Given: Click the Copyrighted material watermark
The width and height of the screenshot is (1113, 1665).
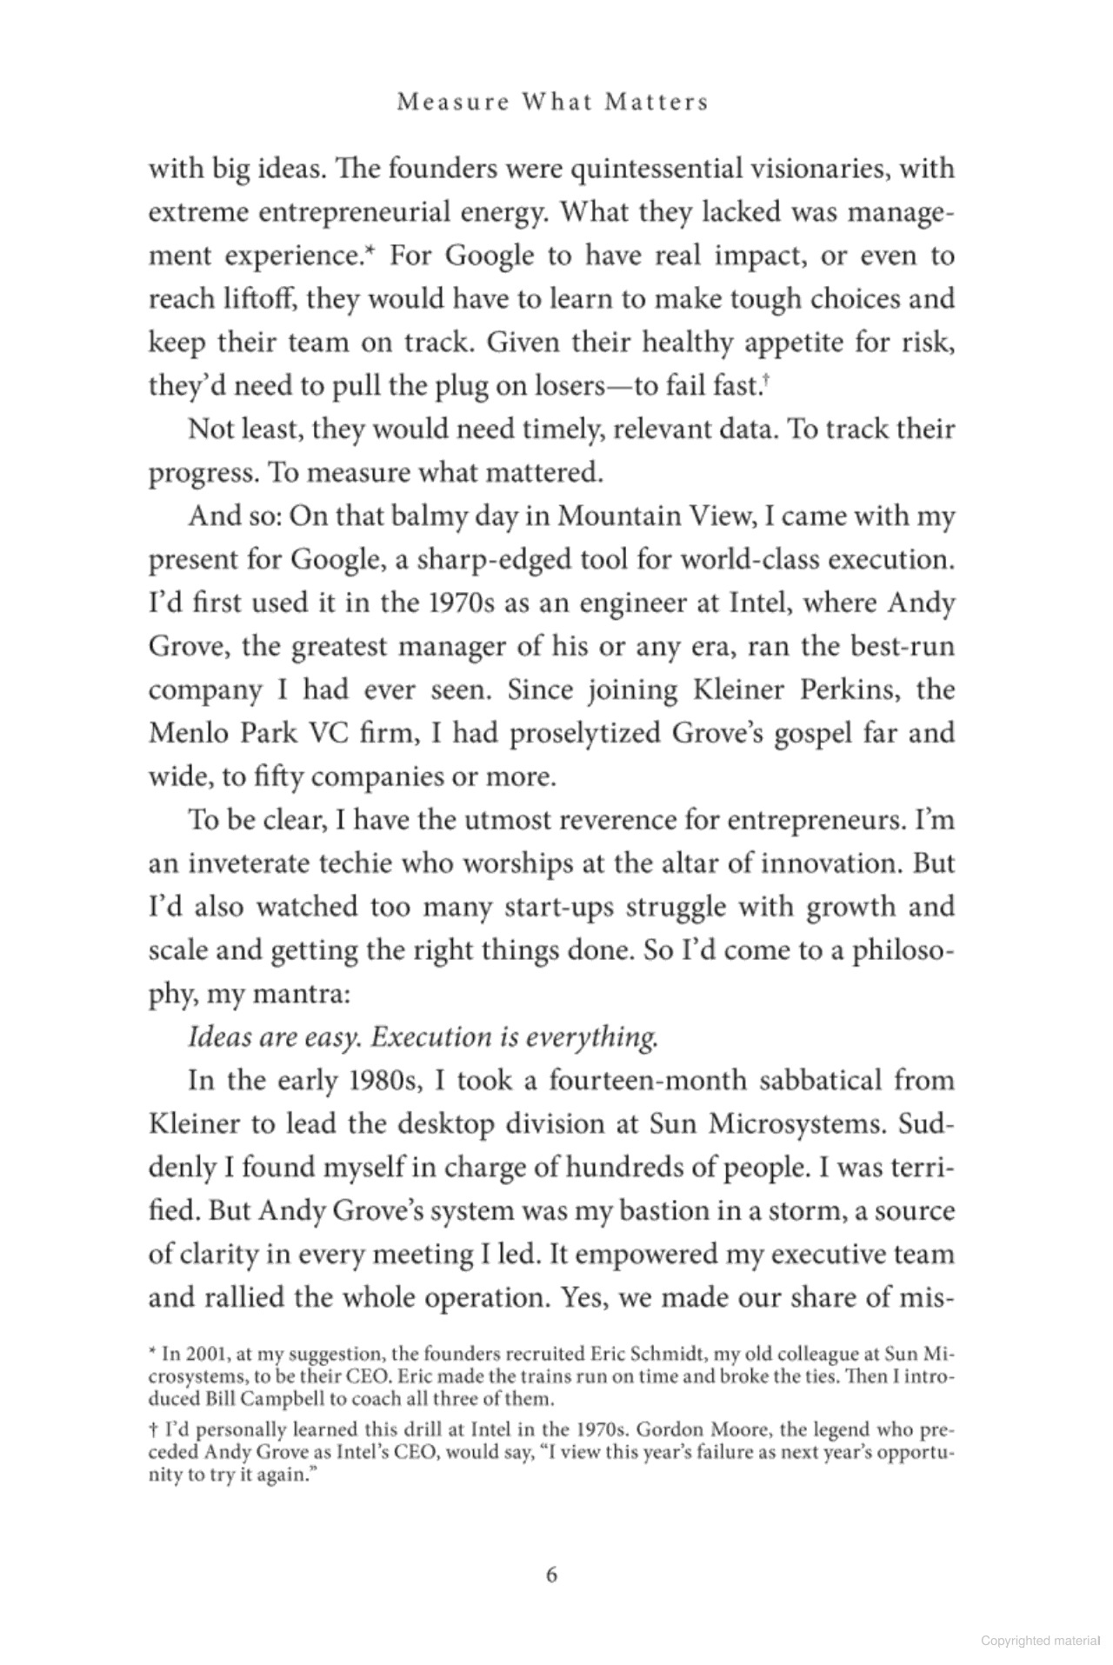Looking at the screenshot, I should (x=1040, y=1640).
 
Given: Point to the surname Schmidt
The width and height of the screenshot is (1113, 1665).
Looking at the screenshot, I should (x=675, y=1354).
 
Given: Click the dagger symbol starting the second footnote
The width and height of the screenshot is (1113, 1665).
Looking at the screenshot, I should (x=153, y=1429).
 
